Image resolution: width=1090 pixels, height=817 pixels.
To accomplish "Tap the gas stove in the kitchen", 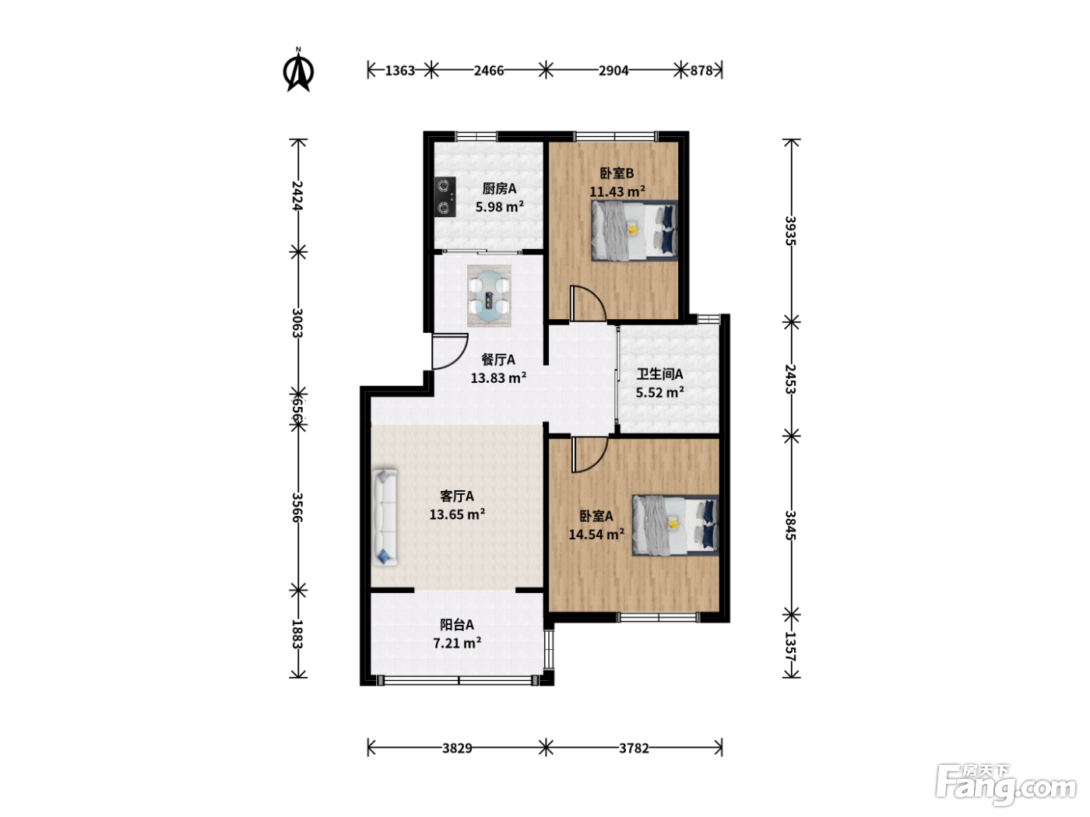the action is click(445, 197).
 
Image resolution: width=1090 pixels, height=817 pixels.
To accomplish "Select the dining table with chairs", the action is click(489, 296).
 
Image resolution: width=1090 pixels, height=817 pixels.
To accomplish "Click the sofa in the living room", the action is click(385, 517).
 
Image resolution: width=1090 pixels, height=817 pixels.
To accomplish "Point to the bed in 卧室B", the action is click(634, 230).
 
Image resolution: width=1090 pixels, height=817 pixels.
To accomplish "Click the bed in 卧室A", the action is click(675, 524).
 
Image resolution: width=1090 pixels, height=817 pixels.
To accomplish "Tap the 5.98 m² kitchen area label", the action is click(500, 207).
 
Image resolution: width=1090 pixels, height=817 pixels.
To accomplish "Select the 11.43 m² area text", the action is click(617, 191).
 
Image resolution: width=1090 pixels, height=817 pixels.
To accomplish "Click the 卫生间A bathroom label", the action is click(659, 374).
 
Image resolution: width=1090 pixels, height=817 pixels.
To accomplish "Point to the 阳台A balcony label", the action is click(457, 625).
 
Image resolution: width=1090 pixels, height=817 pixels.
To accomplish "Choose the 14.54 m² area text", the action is click(596, 535).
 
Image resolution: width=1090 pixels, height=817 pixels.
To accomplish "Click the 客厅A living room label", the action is click(457, 496).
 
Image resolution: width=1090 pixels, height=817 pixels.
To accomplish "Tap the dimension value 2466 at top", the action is click(489, 71).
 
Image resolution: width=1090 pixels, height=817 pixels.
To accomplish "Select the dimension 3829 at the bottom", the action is click(457, 748).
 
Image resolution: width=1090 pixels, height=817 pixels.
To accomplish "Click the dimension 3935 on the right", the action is click(790, 230).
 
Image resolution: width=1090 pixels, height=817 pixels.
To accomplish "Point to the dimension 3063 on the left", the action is click(297, 323).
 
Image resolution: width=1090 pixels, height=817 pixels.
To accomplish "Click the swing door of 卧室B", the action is click(588, 303).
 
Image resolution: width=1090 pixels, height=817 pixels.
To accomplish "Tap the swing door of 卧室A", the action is click(589, 454).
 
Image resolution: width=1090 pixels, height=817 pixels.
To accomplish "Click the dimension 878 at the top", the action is click(701, 71).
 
